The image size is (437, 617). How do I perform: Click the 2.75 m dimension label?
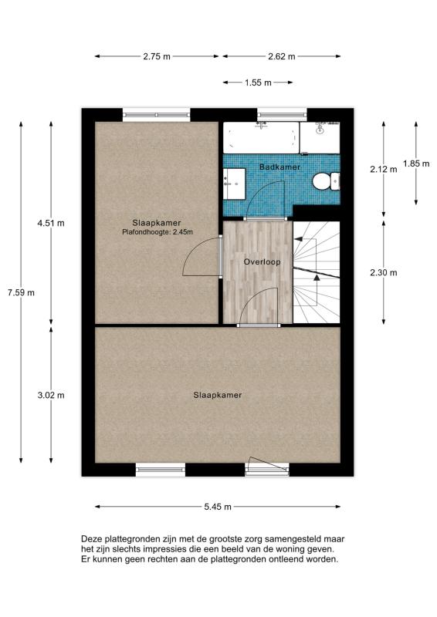[x=157, y=56]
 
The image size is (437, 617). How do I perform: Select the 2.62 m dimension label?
[x=281, y=56]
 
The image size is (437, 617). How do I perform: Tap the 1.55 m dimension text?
[x=258, y=83]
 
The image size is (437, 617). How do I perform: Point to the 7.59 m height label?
[x=21, y=293]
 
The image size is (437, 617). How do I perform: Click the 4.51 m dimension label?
[x=51, y=223]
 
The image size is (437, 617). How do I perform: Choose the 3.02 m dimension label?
[x=51, y=395]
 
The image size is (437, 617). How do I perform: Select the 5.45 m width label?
[x=218, y=507]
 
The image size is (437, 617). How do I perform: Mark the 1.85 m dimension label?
[x=416, y=164]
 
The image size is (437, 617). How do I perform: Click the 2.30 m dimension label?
[x=384, y=272]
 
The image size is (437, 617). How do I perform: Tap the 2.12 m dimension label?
[x=384, y=170]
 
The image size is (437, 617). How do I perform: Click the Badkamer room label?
[x=279, y=167]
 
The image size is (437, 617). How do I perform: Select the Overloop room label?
[x=262, y=261]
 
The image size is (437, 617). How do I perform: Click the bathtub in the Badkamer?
[x=261, y=137]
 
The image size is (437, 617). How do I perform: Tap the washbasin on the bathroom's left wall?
[x=234, y=184]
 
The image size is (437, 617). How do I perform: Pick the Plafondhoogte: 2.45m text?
[x=158, y=232]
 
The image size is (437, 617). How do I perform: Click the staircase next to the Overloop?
[x=317, y=272]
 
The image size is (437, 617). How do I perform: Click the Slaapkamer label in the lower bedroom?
[x=218, y=395]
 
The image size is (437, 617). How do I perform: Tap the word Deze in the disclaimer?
[x=90, y=539]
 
